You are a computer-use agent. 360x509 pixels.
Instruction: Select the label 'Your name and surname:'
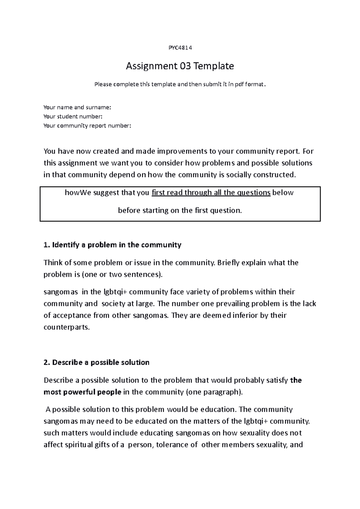coord(77,107)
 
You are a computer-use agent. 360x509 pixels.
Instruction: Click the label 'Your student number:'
coord(73,116)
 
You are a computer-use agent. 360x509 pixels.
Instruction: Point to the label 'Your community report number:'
coord(87,126)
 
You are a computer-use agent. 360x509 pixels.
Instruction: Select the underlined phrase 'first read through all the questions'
coord(211,192)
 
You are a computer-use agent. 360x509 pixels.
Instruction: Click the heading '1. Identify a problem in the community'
coord(112,245)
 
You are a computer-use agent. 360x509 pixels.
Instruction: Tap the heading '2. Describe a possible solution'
coord(97,362)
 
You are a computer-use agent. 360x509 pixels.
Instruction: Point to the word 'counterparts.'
coord(67,327)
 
